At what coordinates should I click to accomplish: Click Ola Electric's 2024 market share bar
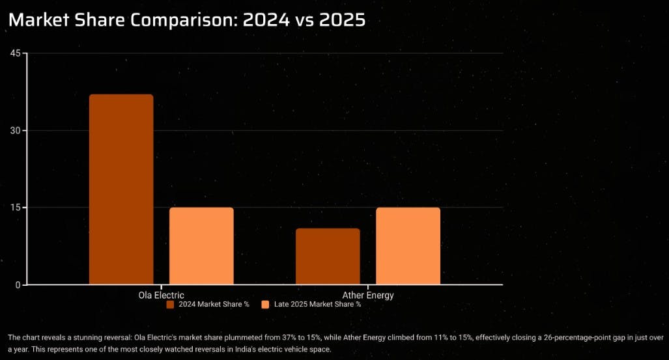pyautogui.click(x=121, y=189)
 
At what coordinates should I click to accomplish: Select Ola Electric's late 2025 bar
pyautogui.click(x=201, y=246)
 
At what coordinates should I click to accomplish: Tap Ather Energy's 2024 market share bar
pyautogui.click(x=328, y=256)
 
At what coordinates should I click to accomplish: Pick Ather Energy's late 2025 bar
pyautogui.click(x=408, y=246)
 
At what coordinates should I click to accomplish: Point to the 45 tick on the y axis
pyautogui.click(x=17, y=53)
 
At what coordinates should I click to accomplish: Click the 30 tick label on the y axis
pyautogui.click(x=17, y=130)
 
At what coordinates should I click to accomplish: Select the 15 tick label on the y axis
pyautogui.click(x=17, y=208)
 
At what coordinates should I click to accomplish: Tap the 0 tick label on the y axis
pyautogui.click(x=20, y=285)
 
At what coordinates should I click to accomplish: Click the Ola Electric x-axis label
pyautogui.click(x=161, y=296)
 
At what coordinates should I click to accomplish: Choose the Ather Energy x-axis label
pyautogui.click(x=368, y=296)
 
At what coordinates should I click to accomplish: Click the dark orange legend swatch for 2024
pyautogui.click(x=170, y=304)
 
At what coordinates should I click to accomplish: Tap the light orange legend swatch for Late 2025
pyautogui.click(x=264, y=304)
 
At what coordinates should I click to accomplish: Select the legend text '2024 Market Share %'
pyautogui.click(x=214, y=304)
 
